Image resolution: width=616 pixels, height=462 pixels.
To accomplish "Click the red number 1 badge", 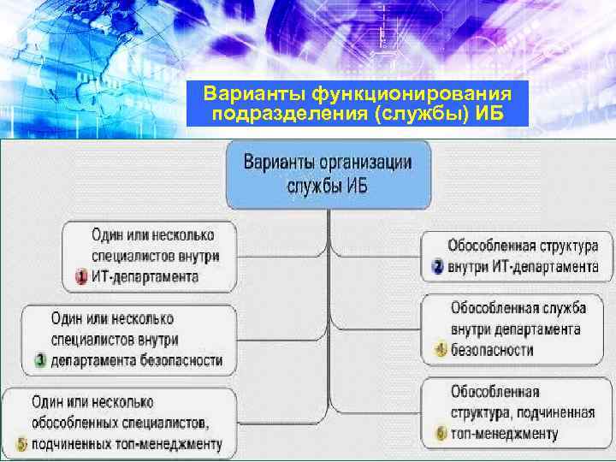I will pos(82,277).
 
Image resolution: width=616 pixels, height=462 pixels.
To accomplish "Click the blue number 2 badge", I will pos(437,267).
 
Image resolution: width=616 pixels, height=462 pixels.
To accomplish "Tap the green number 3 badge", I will pos(39,360).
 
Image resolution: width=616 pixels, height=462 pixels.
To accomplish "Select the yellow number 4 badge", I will pos(441,350).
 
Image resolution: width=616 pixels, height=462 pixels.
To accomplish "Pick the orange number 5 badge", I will pos(21,444).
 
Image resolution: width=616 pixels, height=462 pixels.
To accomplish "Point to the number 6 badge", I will pos(441,434).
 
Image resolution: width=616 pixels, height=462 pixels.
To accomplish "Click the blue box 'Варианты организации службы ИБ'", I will pos(329,175).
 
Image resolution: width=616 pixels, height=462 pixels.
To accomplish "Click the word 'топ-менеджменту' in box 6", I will pos(505,434).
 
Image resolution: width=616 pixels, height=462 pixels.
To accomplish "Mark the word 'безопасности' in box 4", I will pos(492,350).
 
